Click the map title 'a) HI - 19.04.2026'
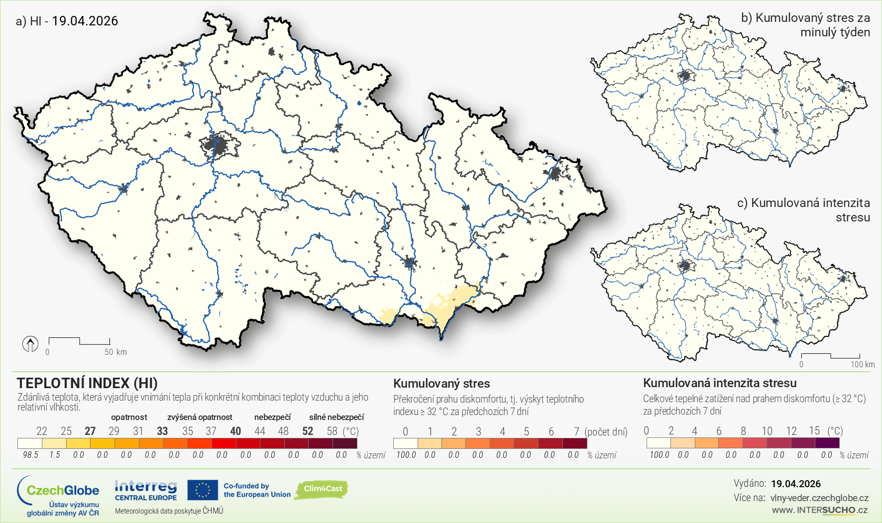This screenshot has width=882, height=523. coord(67,21)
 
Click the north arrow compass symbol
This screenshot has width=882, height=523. coord(30,344)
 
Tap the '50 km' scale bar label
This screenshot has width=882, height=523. coord(115,352)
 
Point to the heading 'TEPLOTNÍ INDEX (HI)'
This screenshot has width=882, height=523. coord(87,383)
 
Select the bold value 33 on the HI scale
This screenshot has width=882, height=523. coord(162,431)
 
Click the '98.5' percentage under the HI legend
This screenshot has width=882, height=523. coord(30,455)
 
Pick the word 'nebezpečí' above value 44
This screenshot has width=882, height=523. coord(272,417)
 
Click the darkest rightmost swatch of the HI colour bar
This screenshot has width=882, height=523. coord(345,443)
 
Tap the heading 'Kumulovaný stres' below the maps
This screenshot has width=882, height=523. coord(441,384)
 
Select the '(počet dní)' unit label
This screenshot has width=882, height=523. coord(606,431)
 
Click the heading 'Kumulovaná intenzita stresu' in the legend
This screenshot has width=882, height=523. coord(720,383)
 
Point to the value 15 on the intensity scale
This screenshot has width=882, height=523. coord(814,430)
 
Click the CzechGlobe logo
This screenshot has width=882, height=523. coord(58,496)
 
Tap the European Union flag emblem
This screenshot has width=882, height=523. coord(203,490)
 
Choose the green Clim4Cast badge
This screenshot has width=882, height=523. coord(322,489)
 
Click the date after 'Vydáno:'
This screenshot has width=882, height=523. coord(796,484)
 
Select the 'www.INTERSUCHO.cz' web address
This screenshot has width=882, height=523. coord(820,510)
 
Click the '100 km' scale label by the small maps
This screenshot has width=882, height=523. coord(862,364)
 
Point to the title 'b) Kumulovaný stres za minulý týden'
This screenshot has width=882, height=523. coord(805,25)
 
